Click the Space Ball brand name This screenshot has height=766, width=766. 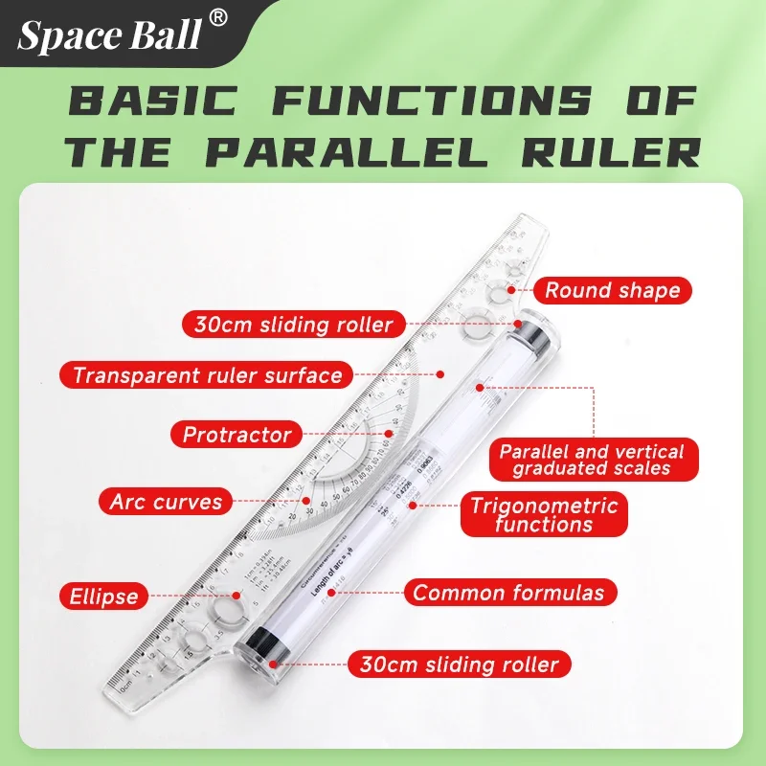[110, 34]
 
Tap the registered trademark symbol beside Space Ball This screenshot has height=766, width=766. [219, 17]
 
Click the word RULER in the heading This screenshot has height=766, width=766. [613, 151]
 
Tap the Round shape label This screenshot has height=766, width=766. [612, 290]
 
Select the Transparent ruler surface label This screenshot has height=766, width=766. [207, 374]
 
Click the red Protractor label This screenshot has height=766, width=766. [237, 435]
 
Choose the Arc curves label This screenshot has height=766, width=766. [166, 501]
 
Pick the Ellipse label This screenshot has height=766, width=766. [102, 596]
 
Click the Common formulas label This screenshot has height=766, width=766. [508, 593]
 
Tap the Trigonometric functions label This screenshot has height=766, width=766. [544, 514]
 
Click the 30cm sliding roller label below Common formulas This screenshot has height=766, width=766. [459, 664]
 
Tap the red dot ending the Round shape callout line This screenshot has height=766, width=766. [511, 289]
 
